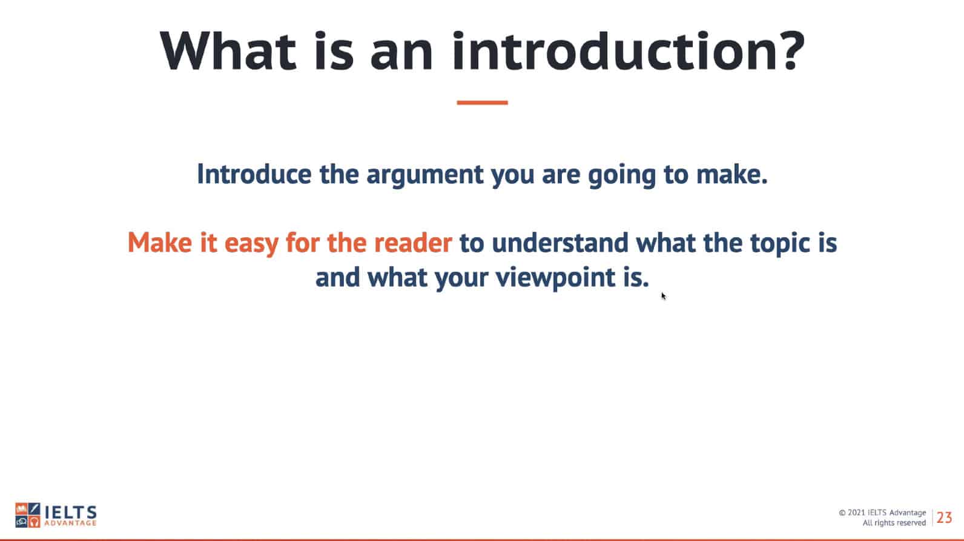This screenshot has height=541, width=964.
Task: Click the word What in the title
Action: (228, 51)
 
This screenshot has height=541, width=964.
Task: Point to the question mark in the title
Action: (793, 51)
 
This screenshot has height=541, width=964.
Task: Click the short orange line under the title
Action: (483, 102)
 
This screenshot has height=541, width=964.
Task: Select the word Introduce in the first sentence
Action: (254, 174)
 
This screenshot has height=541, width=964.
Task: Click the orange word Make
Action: (160, 243)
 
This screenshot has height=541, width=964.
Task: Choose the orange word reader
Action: (413, 243)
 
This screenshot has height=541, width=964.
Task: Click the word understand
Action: (560, 243)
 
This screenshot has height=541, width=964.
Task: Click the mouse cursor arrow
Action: (664, 296)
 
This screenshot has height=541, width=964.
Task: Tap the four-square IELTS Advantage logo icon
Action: (27, 515)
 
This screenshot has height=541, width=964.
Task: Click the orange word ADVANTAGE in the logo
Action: (71, 523)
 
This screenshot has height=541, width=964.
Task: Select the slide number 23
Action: (944, 517)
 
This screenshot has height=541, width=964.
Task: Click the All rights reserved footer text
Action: (894, 523)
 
